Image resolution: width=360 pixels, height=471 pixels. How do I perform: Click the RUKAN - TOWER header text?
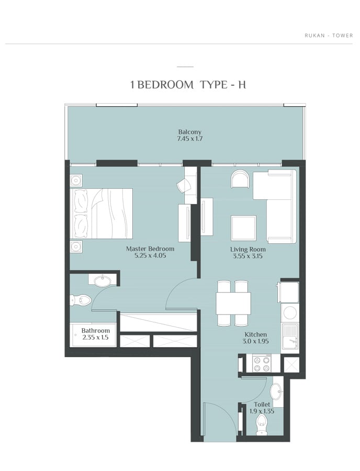(329, 36)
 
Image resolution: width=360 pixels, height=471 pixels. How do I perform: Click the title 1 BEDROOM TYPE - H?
(188, 85)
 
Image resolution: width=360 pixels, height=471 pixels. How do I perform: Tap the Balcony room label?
(190, 132)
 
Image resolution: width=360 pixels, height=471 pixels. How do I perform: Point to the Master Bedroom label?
(150, 249)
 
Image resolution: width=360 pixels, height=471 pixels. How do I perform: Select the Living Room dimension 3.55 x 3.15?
(248, 256)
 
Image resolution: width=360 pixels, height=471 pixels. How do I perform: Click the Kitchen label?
(255, 334)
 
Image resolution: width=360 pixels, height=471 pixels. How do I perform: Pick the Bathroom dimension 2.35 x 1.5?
(95, 338)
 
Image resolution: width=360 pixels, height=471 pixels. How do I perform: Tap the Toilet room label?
(262, 405)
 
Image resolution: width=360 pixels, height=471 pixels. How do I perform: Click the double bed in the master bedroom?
(101, 214)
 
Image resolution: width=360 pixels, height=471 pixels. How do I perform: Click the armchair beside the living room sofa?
(240, 179)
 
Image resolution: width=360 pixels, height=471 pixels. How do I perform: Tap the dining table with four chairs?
(233, 303)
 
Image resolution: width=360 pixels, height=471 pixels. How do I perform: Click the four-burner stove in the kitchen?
(261, 364)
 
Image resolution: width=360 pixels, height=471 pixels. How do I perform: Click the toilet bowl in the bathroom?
(80, 300)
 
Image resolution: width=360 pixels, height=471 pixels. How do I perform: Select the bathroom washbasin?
(103, 281)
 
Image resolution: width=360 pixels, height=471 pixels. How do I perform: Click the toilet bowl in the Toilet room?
(262, 424)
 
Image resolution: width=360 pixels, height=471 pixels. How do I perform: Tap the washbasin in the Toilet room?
(276, 391)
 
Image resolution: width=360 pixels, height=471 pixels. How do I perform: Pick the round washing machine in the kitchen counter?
(290, 312)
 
